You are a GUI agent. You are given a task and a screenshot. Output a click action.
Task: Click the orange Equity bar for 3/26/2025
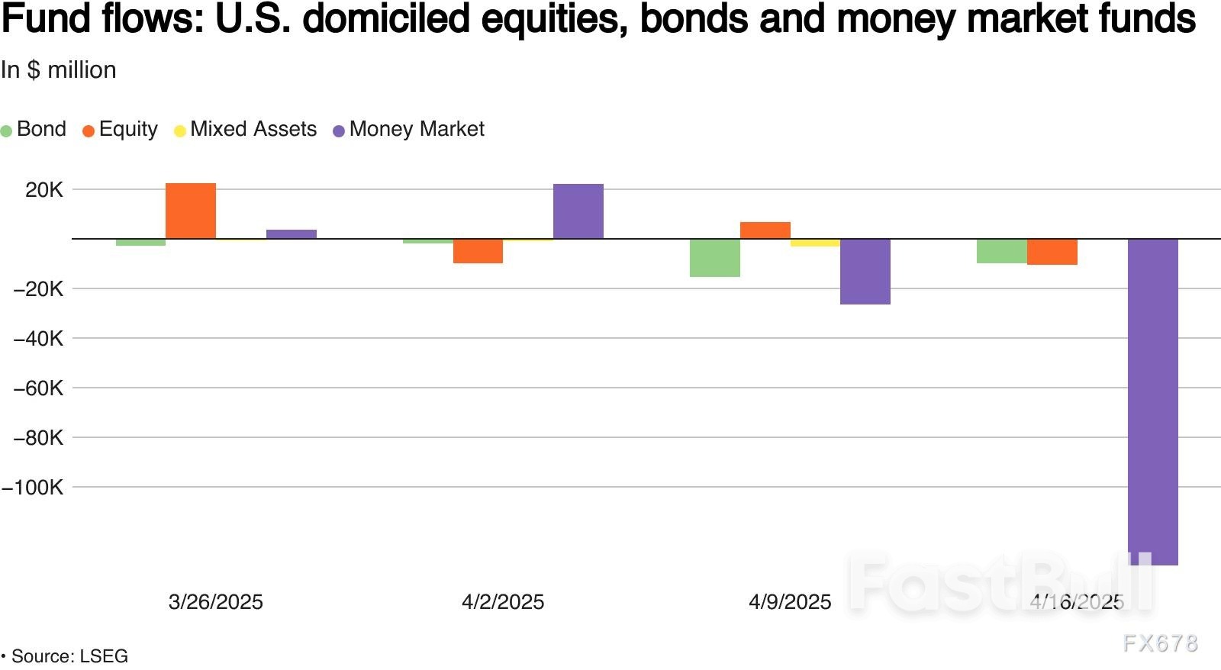(191, 211)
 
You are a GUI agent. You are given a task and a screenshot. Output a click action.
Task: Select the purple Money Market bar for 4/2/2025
(578, 211)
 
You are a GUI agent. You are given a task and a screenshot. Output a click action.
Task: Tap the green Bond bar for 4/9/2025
(714, 258)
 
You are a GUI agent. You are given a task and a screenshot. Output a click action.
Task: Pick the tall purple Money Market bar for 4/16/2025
(1152, 401)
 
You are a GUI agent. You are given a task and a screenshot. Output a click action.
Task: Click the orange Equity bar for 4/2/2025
(478, 251)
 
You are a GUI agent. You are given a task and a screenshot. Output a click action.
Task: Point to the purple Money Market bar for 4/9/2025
(865, 272)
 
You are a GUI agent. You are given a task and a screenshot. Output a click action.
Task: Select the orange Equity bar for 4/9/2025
(765, 230)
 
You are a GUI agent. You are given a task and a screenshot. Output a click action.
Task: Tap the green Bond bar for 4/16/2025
(1001, 251)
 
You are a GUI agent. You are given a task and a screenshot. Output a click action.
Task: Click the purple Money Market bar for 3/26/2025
(291, 234)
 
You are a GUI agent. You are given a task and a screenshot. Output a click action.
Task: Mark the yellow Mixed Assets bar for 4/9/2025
(815, 243)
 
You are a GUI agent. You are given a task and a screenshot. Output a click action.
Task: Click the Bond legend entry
(34, 129)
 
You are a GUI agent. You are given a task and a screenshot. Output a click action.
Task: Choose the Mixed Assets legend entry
(246, 129)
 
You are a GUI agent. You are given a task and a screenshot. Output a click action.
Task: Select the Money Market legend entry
(409, 129)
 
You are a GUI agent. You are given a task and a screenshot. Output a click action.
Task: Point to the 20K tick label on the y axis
(44, 190)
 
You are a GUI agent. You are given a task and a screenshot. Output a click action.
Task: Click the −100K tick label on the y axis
(33, 488)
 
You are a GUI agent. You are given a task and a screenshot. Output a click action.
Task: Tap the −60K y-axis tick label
(38, 388)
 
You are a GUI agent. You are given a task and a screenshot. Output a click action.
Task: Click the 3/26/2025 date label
(215, 602)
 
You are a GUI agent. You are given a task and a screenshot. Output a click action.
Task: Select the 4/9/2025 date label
(790, 602)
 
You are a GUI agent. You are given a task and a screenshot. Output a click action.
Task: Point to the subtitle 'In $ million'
(59, 70)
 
